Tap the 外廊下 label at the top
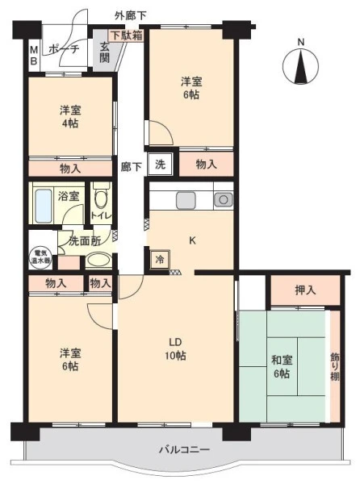tap(130, 15)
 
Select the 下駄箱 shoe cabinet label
tap(127, 35)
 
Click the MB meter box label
tap(34, 56)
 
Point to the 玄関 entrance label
tap(105, 52)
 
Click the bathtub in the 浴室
tap(44, 205)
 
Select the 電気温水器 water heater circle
tap(40, 257)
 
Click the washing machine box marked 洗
tap(160, 165)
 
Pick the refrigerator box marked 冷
tap(160, 259)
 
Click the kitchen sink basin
tap(186, 200)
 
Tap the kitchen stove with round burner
tap(224, 200)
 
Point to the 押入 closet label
tap(305, 290)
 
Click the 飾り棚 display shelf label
tap(335, 367)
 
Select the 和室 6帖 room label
tap(282, 367)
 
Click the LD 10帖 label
tap(175, 348)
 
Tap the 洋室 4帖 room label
tap(70, 117)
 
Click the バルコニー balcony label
tap(184, 449)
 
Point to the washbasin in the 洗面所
tap(98, 261)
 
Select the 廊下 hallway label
tap(131, 167)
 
